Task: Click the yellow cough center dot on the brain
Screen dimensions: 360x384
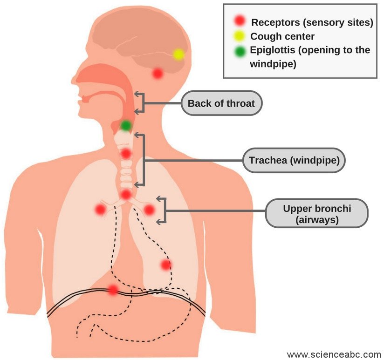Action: pos(178,54)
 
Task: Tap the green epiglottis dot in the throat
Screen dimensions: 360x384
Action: pos(126,125)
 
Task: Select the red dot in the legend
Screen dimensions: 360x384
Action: pos(240,20)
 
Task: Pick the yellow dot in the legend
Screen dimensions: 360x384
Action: pos(240,36)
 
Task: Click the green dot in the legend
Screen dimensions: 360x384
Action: pos(240,52)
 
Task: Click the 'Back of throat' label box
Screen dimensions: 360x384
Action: pos(221,103)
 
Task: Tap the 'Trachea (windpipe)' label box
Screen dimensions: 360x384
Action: pos(297,161)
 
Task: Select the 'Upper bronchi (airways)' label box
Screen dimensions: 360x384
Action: pos(316,214)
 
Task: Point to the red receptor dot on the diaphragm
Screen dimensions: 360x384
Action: pos(112,290)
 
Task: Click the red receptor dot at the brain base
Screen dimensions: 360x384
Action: pos(158,73)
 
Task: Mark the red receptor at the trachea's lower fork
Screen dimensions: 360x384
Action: pos(126,194)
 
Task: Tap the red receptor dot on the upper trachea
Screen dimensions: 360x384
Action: pos(126,153)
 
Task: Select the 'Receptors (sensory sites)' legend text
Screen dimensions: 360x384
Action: pos(312,22)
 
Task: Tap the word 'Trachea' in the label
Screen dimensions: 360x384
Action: pos(267,161)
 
